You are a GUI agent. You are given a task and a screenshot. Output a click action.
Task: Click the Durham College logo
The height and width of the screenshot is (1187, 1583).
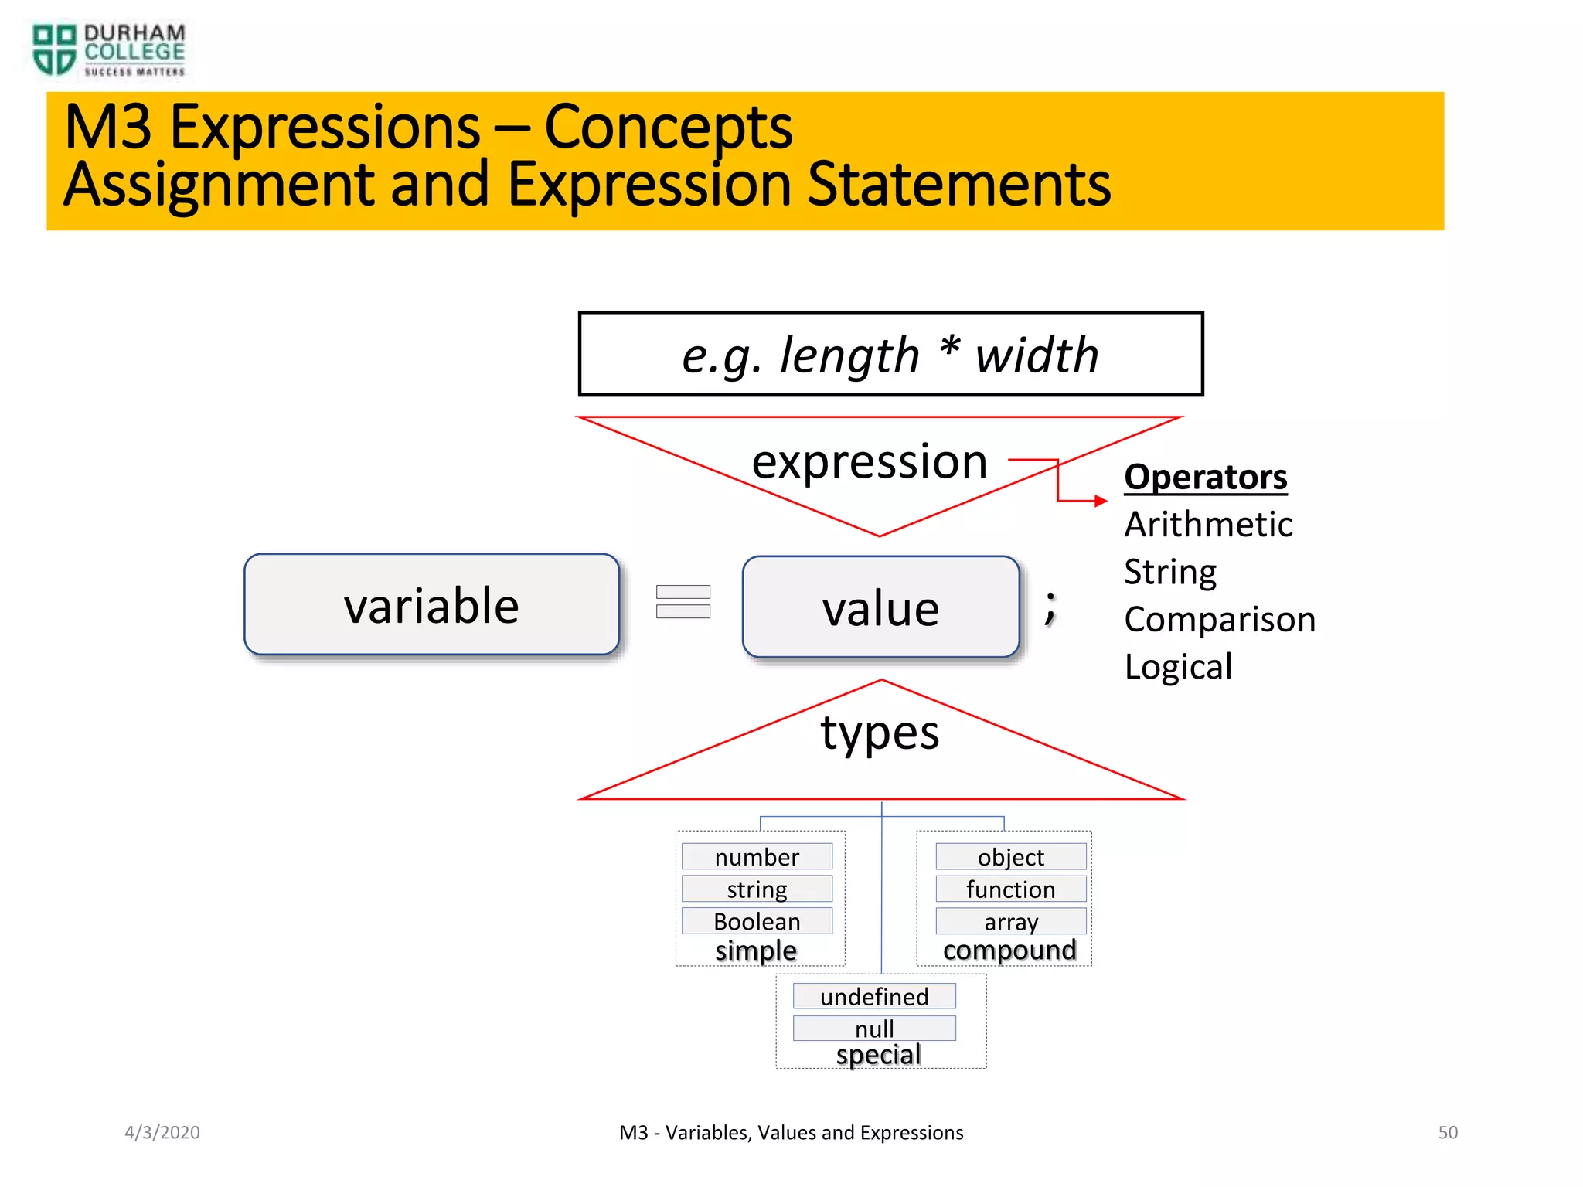coord(108,49)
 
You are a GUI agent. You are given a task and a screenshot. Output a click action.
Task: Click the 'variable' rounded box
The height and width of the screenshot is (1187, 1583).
coord(431,605)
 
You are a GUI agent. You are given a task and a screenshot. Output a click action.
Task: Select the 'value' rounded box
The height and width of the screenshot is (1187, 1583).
coord(880,607)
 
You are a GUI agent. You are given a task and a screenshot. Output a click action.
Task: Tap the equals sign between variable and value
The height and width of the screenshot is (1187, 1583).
coord(683,602)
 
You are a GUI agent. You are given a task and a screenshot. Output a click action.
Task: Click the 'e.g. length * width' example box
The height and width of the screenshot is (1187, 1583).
coord(890,355)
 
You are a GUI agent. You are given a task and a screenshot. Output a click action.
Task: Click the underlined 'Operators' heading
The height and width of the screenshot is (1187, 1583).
coord(1205,477)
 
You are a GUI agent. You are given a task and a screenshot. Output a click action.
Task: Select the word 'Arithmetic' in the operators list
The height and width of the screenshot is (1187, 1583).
coord(1208,525)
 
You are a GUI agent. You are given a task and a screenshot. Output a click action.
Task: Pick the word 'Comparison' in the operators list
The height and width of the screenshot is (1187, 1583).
coord(1219,620)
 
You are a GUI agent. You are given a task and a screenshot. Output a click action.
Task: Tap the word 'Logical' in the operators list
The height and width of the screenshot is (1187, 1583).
coord(1178,667)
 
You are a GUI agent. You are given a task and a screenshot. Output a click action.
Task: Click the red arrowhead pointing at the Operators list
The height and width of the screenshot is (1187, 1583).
coord(1101,501)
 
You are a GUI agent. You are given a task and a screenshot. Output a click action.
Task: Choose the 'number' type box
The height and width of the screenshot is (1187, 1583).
coord(757,857)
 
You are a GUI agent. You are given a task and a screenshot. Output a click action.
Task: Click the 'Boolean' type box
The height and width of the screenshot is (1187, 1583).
coord(757,921)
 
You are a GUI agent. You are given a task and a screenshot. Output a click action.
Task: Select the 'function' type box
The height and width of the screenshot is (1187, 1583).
coord(1010,889)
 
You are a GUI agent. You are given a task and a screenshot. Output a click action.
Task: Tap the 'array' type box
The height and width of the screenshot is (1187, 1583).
coord(1010,921)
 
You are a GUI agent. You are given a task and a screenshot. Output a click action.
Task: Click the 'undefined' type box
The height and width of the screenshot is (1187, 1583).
coord(874,997)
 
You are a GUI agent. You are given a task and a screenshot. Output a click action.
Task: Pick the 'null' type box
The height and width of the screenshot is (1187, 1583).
coord(874,1029)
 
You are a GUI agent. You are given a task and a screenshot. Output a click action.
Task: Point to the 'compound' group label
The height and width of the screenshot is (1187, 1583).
coord(1009,951)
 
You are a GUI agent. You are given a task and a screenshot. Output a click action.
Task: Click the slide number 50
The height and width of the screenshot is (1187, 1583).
coord(1447,1132)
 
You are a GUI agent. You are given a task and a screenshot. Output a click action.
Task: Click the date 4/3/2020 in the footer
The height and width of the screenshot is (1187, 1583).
coord(162,1132)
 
